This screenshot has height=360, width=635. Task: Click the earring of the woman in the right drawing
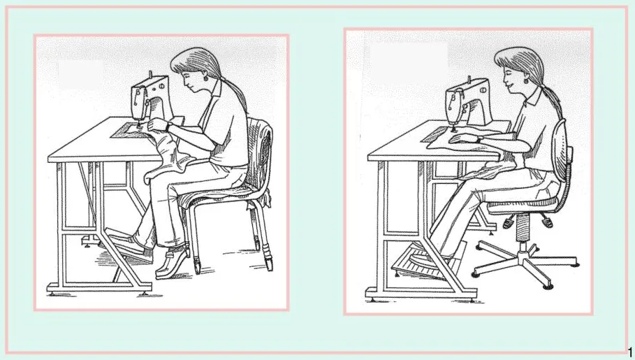tap(526, 80)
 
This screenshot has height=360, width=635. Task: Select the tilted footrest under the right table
tap(428, 259)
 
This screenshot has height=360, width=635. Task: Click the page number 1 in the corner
tap(629, 352)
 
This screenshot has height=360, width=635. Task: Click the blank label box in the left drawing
tap(80, 75)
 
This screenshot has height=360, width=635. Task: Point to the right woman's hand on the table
tap(462, 138)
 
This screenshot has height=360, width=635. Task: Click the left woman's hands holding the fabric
tap(159, 125)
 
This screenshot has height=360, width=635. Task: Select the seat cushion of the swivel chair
tap(523, 207)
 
